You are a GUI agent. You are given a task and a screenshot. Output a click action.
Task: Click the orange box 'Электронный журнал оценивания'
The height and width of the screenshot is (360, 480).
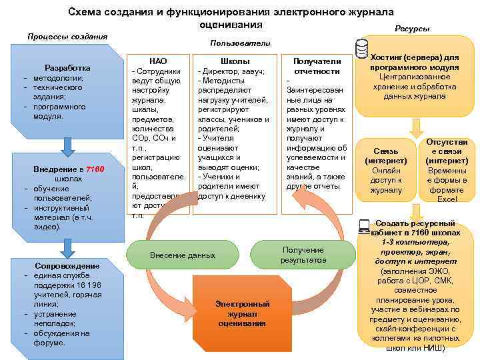[x=242, y=313]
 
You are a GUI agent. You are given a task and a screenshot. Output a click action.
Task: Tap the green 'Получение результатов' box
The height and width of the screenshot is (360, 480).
[x=303, y=254]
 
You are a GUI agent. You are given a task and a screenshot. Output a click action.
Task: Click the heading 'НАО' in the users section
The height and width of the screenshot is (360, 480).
[x=159, y=61]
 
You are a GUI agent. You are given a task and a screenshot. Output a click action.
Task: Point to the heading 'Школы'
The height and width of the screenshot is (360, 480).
[x=235, y=61]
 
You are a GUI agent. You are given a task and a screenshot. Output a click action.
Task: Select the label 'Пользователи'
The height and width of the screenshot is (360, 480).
[x=240, y=43]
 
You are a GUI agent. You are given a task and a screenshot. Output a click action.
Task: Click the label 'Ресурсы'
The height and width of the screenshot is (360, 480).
[x=412, y=29]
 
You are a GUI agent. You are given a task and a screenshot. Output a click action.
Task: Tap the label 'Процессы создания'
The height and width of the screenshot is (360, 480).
[x=66, y=36]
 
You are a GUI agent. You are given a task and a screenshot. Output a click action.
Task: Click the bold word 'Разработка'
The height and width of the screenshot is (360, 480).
[x=67, y=68]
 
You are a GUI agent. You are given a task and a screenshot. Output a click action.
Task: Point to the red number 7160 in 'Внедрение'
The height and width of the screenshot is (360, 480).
[x=95, y=170]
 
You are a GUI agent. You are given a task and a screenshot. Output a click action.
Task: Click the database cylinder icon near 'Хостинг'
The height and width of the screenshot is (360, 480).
[x=362, y=47]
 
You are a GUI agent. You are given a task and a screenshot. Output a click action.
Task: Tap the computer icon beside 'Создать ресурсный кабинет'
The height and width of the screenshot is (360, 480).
[x=364, y=227]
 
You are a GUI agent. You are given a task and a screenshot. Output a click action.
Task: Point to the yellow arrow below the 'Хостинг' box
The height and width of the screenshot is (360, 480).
[x=415, y=126]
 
